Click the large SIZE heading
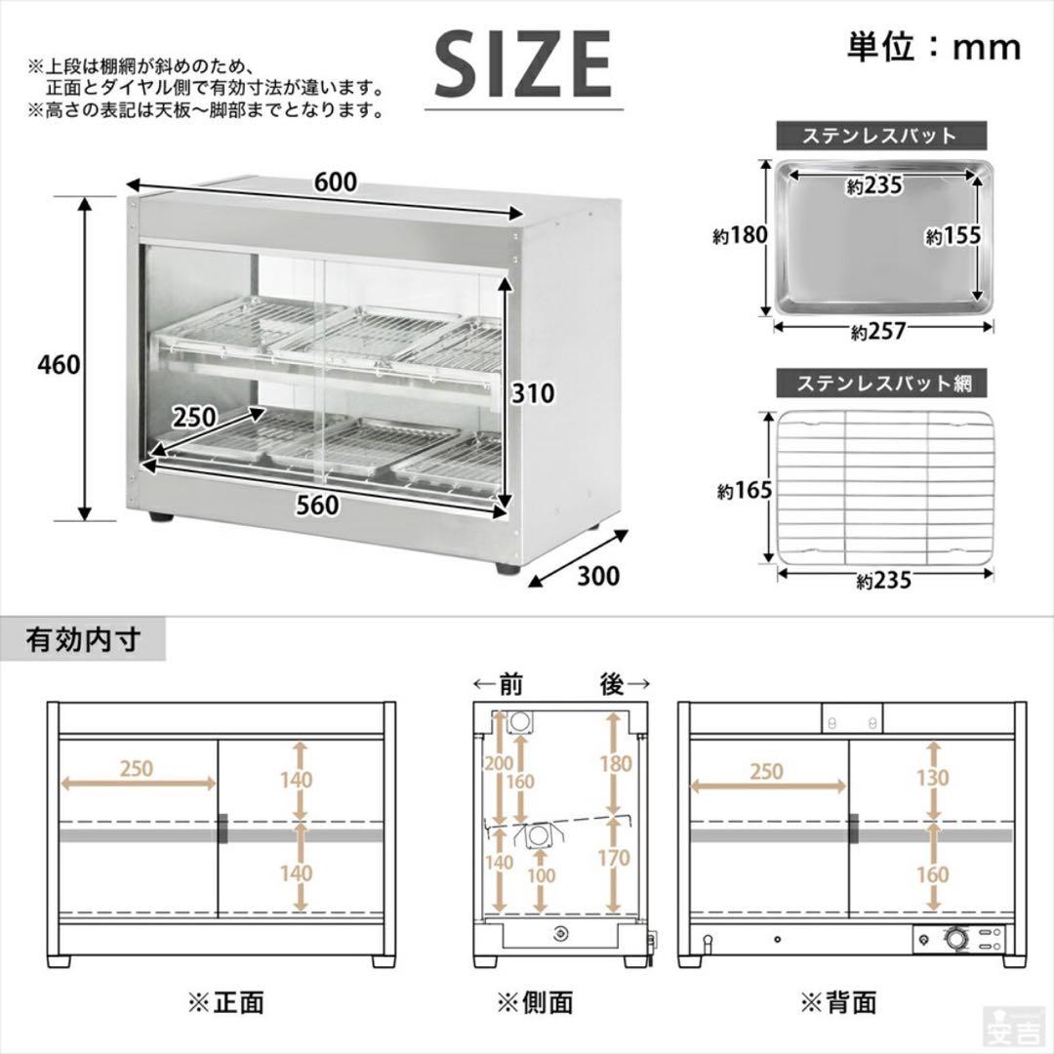click(523, 63)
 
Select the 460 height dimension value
click(58, 364)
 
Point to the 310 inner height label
click(533, 393)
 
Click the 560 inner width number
click(318, 505)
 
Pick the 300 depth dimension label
click(598, 576)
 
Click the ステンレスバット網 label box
click(880, 384)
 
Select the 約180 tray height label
click(739, 235)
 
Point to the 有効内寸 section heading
click(84, 640)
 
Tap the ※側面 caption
click(534, 1001)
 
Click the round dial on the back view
click(953, 940)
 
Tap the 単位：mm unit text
click(933, 46)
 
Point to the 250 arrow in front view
click(137, 781)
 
